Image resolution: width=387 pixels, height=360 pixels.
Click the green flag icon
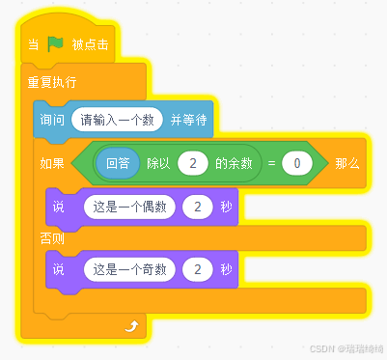point(55,44)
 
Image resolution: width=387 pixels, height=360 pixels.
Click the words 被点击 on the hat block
point(91,45)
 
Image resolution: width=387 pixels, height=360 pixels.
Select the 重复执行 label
point(51,83)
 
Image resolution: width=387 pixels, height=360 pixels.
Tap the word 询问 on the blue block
point(52,120)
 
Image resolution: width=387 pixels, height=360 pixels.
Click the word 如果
point(52,163)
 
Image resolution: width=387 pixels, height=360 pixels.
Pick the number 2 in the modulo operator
point(194,163)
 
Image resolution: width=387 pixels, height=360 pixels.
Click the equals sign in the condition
point(272,163)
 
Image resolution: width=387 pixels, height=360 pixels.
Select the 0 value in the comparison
point(297,163)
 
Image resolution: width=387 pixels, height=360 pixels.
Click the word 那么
point(347,163)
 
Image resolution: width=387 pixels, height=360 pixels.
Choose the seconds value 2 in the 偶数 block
point(197,207)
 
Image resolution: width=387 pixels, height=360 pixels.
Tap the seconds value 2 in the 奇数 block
point(197,269)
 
